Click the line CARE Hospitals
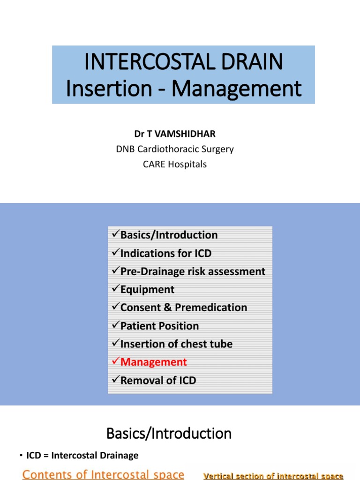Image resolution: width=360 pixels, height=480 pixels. (175, 165)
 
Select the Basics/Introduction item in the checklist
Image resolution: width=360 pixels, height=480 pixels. (169, 235)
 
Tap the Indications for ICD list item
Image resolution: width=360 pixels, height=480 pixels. (166, 253)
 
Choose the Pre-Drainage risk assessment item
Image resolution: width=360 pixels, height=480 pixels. (193, 271)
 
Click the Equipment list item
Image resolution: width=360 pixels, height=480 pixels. (147, 290)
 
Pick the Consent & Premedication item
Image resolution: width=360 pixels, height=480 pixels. (183, 307)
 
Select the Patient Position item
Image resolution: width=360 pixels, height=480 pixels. (159, 326)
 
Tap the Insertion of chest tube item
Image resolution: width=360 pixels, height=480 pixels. (176, 344)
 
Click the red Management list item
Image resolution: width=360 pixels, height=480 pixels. (153, 362)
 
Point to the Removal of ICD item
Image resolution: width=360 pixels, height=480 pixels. (158, 380)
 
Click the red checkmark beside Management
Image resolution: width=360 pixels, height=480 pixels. (116, 362)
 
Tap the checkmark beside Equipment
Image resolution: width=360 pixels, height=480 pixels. (116, 290)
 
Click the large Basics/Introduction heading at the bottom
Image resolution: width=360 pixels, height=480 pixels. (169, 434)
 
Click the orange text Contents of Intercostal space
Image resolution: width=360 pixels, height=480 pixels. (103, 474)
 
